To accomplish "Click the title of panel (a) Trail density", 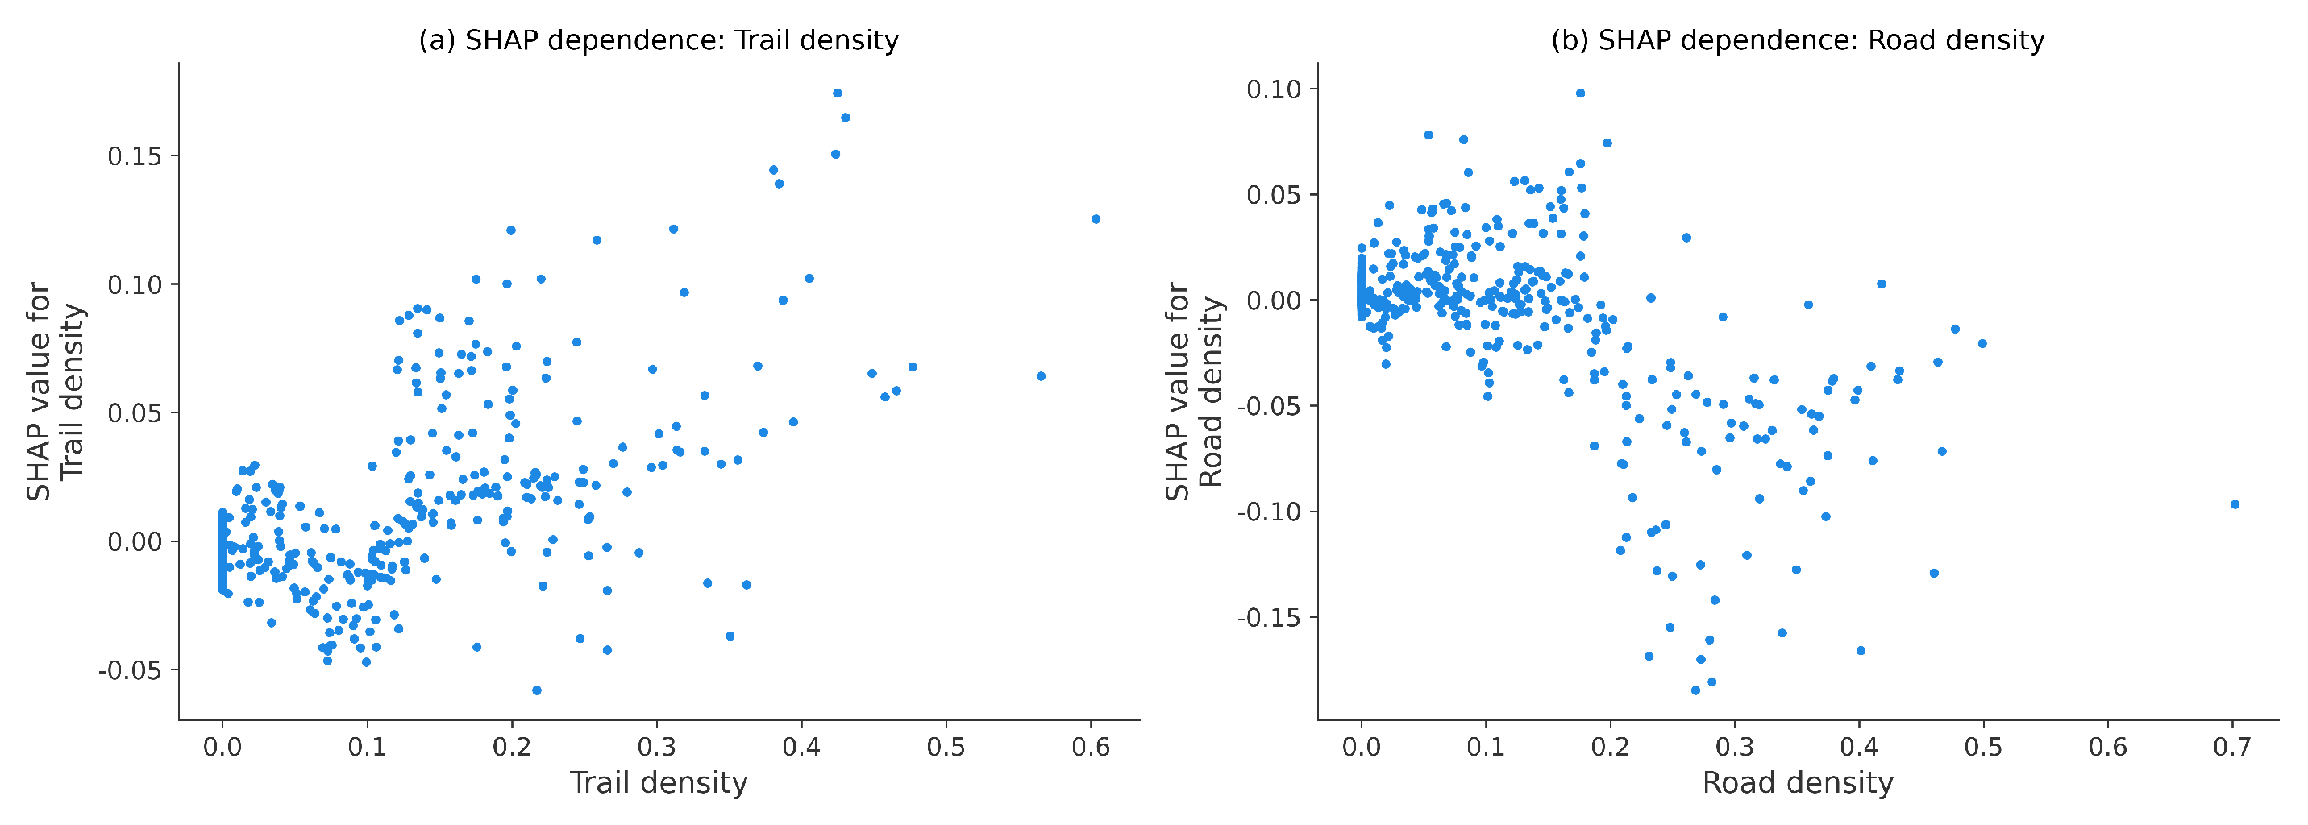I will (x=659, y=40).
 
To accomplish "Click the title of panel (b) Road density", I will (x=1797, y=40).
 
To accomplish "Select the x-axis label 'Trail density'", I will (x=659, y=783).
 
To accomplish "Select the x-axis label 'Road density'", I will (x=1797, y=783).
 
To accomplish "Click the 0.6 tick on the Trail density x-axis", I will (x=1091, y=747).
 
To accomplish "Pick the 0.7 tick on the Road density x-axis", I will (x=2232, y=747).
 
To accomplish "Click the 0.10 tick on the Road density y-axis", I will (x=1273, y=89).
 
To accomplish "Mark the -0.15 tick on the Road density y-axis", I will (x=1270, y=618).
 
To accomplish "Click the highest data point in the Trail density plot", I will (x=837, y=93).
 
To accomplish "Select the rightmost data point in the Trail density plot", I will (x=1095, y=218).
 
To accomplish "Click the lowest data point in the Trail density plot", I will (x=537, y=690).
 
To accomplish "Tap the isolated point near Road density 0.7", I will (x=2235, y=504).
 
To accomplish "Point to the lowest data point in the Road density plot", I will (x=1695, y=690).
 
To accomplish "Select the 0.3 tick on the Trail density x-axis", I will (x=656, y=747).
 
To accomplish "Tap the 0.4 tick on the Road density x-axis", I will (x=1859, y=747).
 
